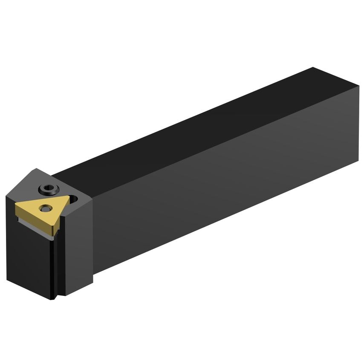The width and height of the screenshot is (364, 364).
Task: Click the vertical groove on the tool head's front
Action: click(54, 264)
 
